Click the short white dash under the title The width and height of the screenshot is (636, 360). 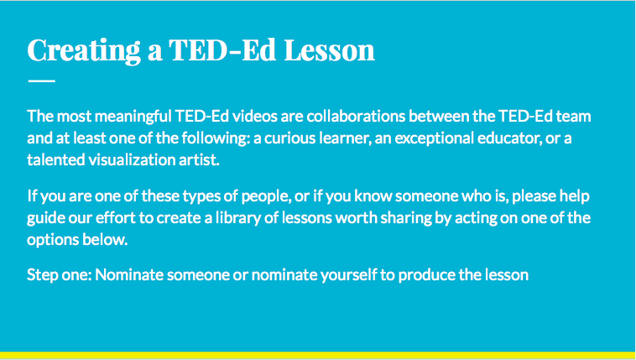(x=41, y=81)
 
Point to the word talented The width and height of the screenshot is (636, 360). (x=55, y=159)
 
